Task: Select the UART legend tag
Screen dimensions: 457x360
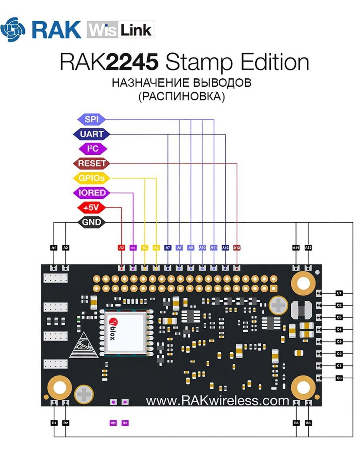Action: click(x=91, y=134)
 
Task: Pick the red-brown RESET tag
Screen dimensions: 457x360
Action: click(x=92, y=164)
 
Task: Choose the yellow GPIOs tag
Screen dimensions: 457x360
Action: click(x=91, y=178)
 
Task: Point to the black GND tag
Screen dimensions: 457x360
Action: click(x=91, y=222)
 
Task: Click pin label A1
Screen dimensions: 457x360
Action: click(x=54, y=248)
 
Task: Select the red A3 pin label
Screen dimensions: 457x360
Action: click(x=122, y=248)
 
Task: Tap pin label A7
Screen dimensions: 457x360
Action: click(x=168, y=248)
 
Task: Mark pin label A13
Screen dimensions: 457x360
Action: click(x=237, y=248)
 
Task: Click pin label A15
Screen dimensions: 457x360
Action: click(x=308, y=248)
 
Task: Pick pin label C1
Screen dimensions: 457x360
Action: click(x=339, y=293)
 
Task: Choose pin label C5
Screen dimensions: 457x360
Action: click(x=339, y=341)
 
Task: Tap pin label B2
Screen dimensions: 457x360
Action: click(x=66, y=423)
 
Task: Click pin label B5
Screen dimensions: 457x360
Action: click(x=296, y=423)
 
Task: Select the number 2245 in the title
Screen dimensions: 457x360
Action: click(x=129, y=63)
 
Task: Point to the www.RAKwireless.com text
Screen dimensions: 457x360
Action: click(x=217, y=400)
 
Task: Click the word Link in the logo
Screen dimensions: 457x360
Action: click(x=136, y=30)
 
